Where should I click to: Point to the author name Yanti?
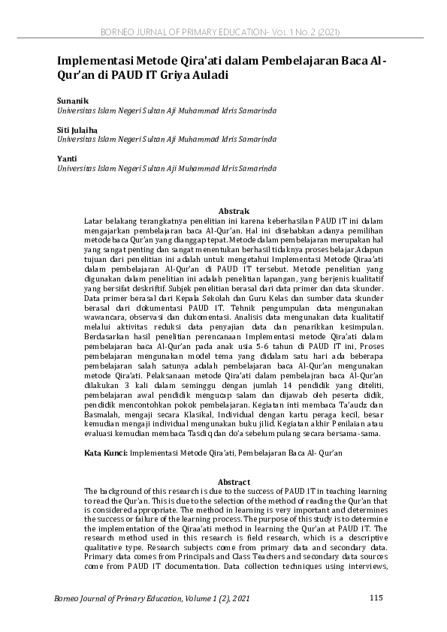pos(66,159)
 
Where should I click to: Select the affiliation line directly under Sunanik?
pos(166,110)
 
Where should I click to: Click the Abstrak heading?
pos(233,212)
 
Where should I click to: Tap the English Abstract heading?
pos(233,482)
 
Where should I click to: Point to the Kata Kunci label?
pos(105,454)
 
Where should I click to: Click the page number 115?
pos(377,597)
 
